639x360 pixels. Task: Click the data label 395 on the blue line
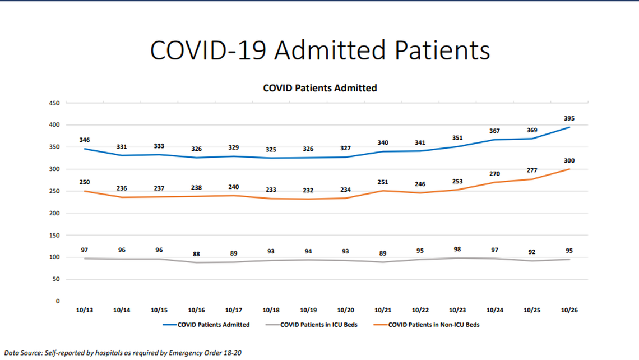pyautogui.click(x=569, y=119)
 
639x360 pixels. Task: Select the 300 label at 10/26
pyautogui.click(x=569, y=161)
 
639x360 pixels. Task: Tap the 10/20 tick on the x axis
pyautogui.click(x=345, y=310)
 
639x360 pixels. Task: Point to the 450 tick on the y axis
pyautogui.click(x=54, y=103)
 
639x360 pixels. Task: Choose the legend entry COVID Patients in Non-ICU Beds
pyautogui.click(x=433, y=325)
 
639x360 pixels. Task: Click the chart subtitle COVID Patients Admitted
pyautogui.click(x=319, y=88)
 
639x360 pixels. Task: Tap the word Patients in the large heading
pyautogui.click(x=442, y=50)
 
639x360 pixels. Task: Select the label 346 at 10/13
pyautogui.click(x=85, y=140)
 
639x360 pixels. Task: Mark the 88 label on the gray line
pyautogui.click(x=196, y=254)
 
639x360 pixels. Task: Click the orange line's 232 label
pyautogui.click(x=308, y=191)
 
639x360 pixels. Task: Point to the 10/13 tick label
pyautogui.click(x=85, y=310)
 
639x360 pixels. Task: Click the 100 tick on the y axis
pyautogui.click(x=54, y=257)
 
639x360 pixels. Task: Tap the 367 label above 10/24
pyautogui.click(x=494, y=131)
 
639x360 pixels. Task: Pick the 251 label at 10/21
pyautogui.click(x=383, y=182)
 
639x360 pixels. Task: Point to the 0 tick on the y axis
pyautogui.click(x=57, y=301)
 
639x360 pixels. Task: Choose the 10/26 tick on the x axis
pyautogui.click(x=569, y=310)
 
